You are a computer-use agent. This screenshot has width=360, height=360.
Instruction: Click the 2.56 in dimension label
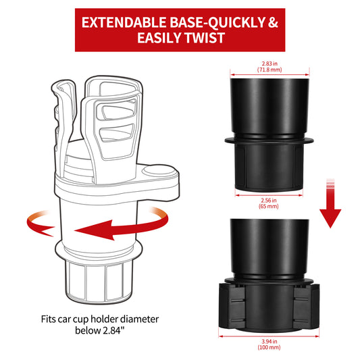click(x=269, y=201)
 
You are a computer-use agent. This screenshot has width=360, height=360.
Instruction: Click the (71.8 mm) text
click(x=269, y=69)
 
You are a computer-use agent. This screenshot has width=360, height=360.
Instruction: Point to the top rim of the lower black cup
click(x=269, y=222)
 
